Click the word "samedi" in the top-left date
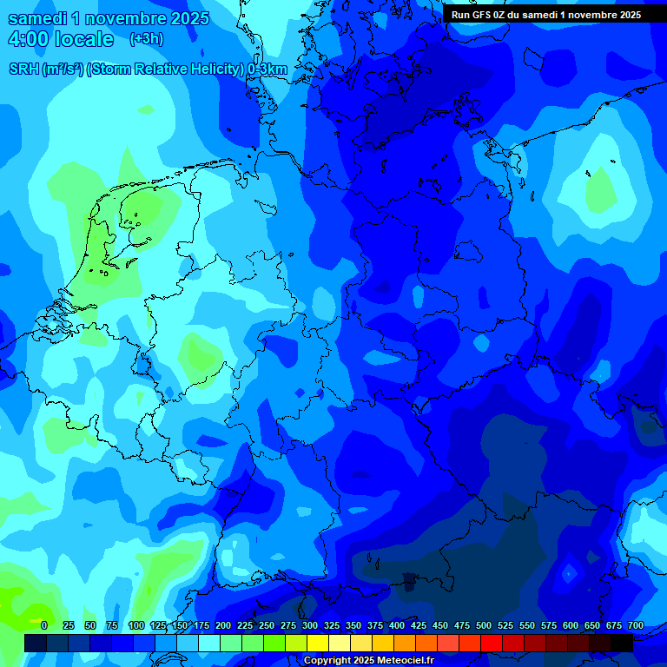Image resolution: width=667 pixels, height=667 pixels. (39, 18)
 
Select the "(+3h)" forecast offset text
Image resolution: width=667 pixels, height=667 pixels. (146, 39)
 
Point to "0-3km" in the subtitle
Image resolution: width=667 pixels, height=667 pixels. (267, 69)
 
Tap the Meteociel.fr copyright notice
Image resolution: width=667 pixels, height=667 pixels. (368, 661)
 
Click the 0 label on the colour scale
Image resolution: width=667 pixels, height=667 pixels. (44, 625)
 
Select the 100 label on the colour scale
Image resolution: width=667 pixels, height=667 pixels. (136, 625)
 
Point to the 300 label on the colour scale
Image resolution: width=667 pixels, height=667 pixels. (310, 625)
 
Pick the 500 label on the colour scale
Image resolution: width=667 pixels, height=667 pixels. (484, 625)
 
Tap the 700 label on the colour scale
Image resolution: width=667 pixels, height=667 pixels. (636, 625)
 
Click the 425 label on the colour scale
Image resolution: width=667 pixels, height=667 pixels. (419, 625)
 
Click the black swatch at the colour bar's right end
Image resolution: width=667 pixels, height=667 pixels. (622, 643)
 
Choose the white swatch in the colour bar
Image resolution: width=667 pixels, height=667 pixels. (209, 643)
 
